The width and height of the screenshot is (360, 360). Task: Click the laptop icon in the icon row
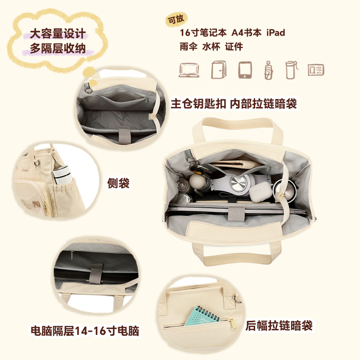click(189, 70)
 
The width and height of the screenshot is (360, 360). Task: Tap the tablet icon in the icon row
click(245, 70)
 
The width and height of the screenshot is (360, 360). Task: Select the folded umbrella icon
click(269, 70)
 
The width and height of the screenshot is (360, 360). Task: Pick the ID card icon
click(316, 70)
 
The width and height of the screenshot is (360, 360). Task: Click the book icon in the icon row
click(219, 70)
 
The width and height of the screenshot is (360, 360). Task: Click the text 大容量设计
click(58, 34)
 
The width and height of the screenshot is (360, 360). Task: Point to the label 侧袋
click(118, 183)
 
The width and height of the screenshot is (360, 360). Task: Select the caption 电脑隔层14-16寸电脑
click(85, 331)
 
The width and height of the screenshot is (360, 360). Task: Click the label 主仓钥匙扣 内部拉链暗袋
click(234, 104)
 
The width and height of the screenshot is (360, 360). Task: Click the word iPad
click(275, 33)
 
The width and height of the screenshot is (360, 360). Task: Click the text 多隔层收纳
click(58, 48)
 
